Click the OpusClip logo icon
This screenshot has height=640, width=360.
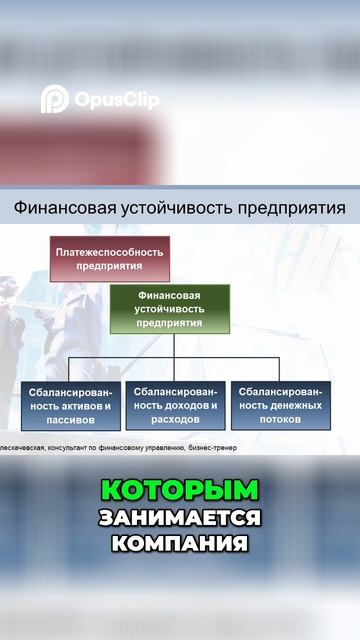pos(54,99)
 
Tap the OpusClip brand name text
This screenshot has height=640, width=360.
pos(115,100)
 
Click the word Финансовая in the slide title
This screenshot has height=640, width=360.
pos(60,209)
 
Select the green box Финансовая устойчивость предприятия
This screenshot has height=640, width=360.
pos(169,309)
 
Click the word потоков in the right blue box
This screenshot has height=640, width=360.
pos(280,421)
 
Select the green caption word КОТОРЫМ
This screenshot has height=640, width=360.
pos(180,490)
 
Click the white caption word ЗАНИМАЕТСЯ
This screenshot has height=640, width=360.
pos(180,518)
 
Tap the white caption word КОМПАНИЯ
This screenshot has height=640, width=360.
pos(180,546)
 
